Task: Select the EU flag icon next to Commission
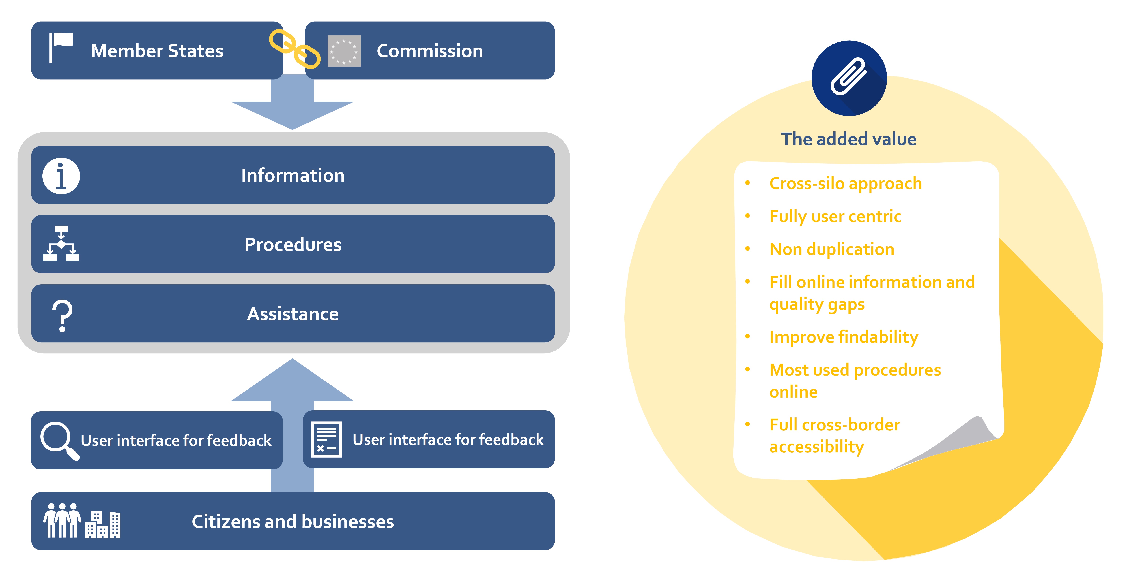click(x=344, y=51)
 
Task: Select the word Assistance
click(x=293, y=314)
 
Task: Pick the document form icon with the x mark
click(x=326, y=439)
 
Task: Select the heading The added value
click(x=848, y=139)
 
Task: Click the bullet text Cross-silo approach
click(x=845, y=184)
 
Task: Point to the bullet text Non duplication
click(x=831, y=249)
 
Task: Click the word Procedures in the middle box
click(x=293, y=244)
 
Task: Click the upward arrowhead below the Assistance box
click(x=292, y=380)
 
